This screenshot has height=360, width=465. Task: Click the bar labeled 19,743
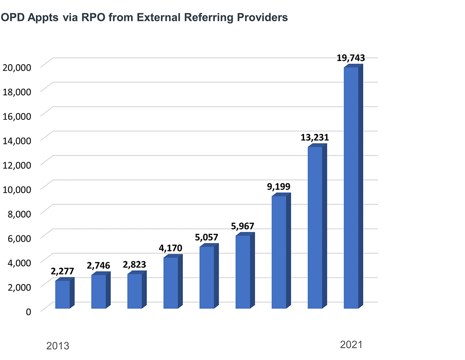[351, 188]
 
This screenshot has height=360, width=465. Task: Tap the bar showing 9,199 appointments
[279, 252]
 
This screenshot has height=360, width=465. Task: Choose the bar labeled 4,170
[171, 283]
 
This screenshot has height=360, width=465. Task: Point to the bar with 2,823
[134, 291]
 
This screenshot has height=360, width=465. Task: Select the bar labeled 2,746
[98, 291]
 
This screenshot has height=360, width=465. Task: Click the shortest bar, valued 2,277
[62, 294]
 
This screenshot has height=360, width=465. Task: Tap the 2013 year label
[58, 346]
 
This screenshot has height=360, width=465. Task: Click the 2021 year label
[352, 345]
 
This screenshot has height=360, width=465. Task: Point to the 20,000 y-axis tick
[17, 67]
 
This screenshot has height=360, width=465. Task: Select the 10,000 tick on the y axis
[17, 189]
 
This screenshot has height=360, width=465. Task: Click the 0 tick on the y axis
[28, 311]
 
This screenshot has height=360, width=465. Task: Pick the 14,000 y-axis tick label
[17, 140]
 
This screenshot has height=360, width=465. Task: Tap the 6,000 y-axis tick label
[19, 238]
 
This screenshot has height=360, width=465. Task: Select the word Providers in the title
[261, 18]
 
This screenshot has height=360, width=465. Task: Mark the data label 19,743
[351, 58]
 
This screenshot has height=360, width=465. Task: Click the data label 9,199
[279, 187]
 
